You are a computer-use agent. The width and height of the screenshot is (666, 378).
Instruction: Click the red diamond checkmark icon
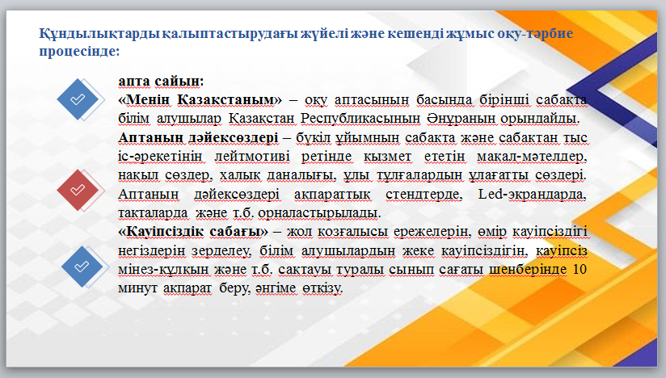pyautogui.click(x=78, y=190)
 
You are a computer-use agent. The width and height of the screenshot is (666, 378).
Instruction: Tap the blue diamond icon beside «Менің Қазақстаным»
pyautogui.click(x=78, y=99)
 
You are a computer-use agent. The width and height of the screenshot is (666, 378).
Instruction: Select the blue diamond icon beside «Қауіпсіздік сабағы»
pyautogui.click(x=82, y=267)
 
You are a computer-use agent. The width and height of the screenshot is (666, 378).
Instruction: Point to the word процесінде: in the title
pyautogui.click(x=79, y=52)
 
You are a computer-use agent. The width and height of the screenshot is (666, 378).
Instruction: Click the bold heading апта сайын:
pyautogui.click(x=161, y=81)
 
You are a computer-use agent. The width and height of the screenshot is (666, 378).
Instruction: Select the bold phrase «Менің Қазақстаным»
pyautogui.click(x=200, y=100)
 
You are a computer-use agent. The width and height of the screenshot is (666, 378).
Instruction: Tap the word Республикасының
pyautogui.click(x=360, y=119)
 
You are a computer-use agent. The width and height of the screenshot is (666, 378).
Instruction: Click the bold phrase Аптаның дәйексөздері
pyautogui.click(x=198, y=137)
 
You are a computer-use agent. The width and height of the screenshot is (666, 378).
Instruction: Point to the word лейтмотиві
pyautogui.click(x=252, y=157)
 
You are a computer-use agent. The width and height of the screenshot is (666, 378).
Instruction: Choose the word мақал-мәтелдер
pyautogui.click(x=532, y=157)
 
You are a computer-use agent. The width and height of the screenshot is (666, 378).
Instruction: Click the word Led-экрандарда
pyautogui.click(x=532, y=195)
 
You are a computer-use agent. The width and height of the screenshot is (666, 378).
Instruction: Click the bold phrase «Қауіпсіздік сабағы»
pyautogui.click(x=193, y=232)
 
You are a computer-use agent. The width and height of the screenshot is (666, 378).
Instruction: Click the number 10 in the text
pyautogui.click(x=580, y=269)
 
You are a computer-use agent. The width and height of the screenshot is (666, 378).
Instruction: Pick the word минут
pyautogui.click(x=137, y=288)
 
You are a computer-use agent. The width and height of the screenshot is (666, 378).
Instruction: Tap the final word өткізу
pyautogui.click(x=322, y=288)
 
